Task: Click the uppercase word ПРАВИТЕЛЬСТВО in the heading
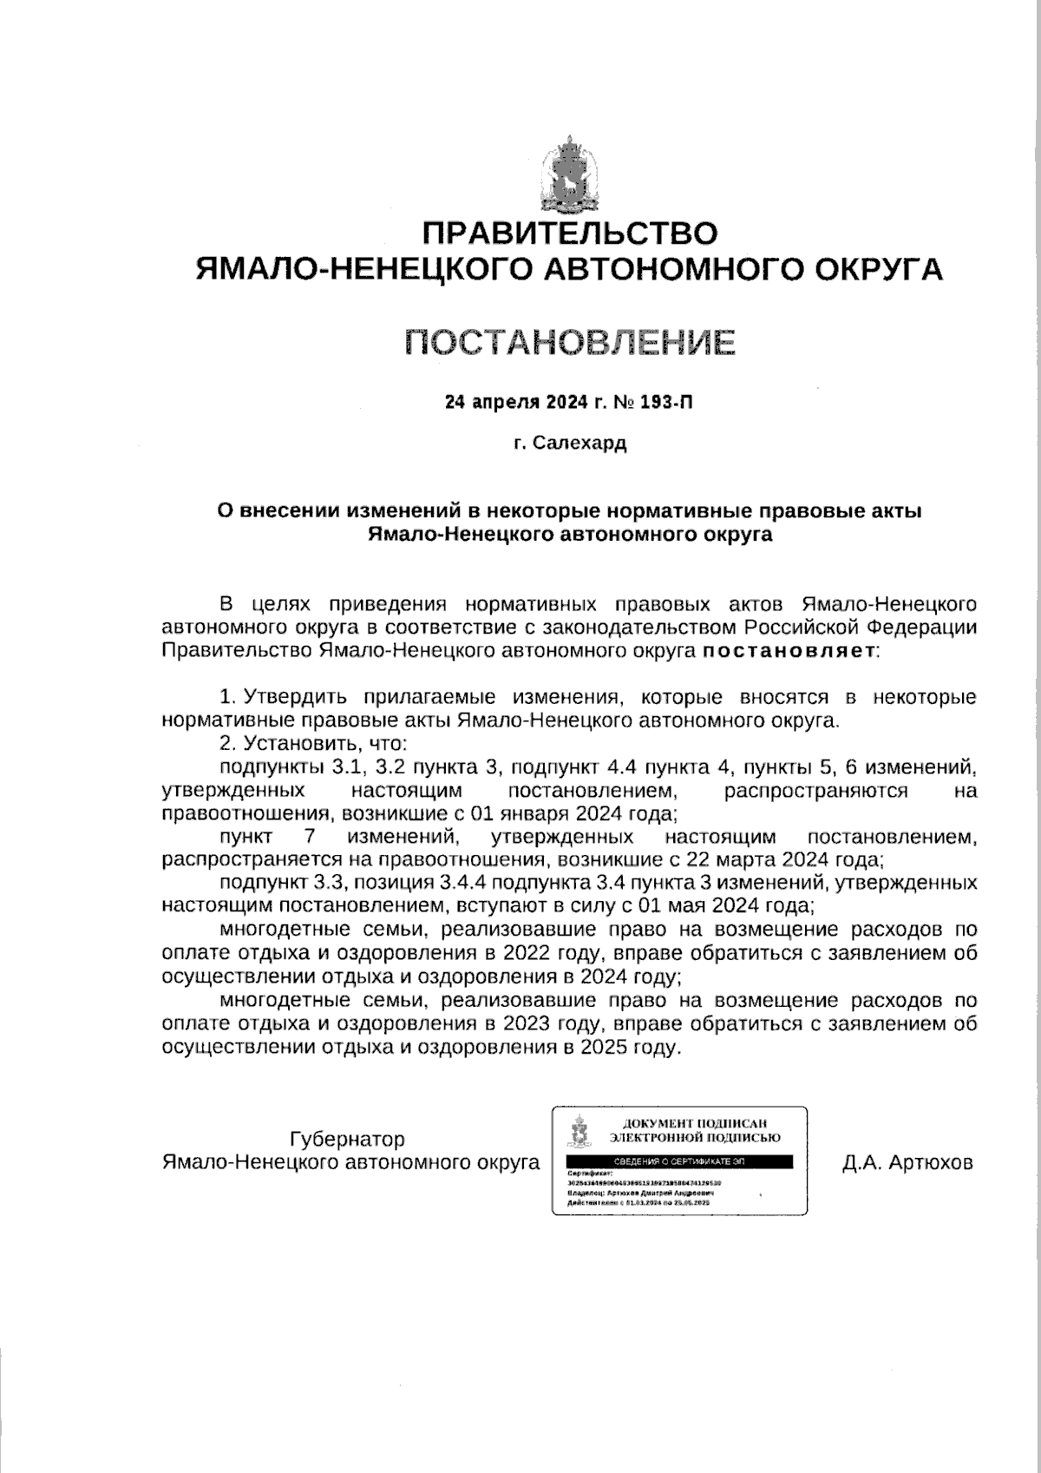coord(569,233)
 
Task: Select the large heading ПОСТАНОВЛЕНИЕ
coord(570,342)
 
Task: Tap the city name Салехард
coord(579,444)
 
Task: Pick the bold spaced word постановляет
coord(789,650)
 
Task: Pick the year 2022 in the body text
coord(530,953)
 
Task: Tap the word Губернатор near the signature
coord(347,1139)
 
